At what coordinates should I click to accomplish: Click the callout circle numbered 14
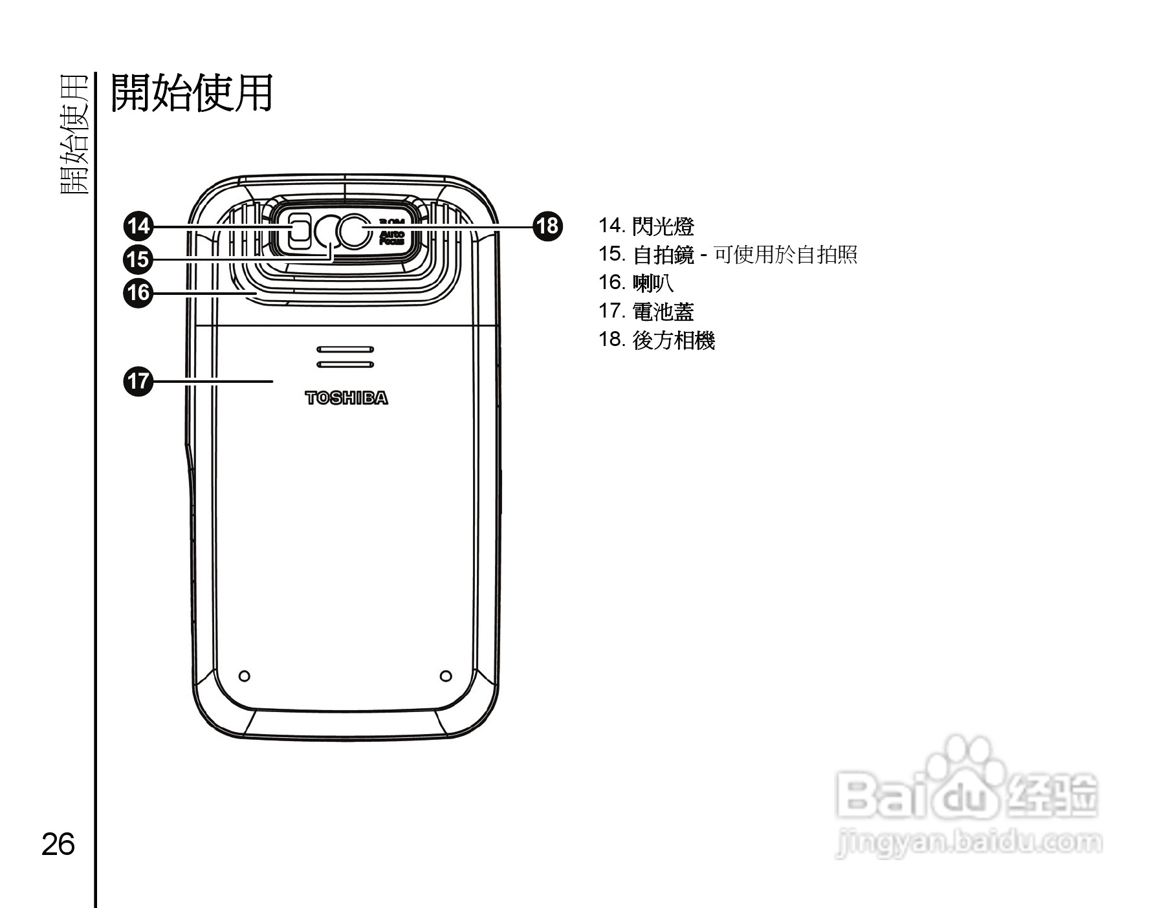tap(138, 226)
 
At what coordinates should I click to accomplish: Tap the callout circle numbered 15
tap(138, 259)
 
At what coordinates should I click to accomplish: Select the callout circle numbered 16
tap(138, 293)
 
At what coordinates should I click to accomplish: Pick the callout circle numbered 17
tap(138, 381)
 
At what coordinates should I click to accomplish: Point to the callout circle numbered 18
tap(547, 226)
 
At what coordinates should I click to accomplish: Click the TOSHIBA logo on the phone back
tap(346, 398)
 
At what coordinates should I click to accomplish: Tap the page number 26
tap(58, 845)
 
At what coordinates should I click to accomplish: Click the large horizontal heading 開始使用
tap(192, 93)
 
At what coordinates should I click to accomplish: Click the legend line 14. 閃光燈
tap(646, 226)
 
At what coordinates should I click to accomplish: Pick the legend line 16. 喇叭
tap(635, 283)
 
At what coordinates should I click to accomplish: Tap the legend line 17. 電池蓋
tap(646, 312)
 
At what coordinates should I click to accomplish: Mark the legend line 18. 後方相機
tap(656, 340)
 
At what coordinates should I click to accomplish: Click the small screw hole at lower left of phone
tap(245, 676)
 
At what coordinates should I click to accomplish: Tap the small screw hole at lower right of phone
tap(446, 676)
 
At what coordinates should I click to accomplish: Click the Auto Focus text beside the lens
tap(391, 237)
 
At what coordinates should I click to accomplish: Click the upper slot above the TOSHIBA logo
tap(346, 349)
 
